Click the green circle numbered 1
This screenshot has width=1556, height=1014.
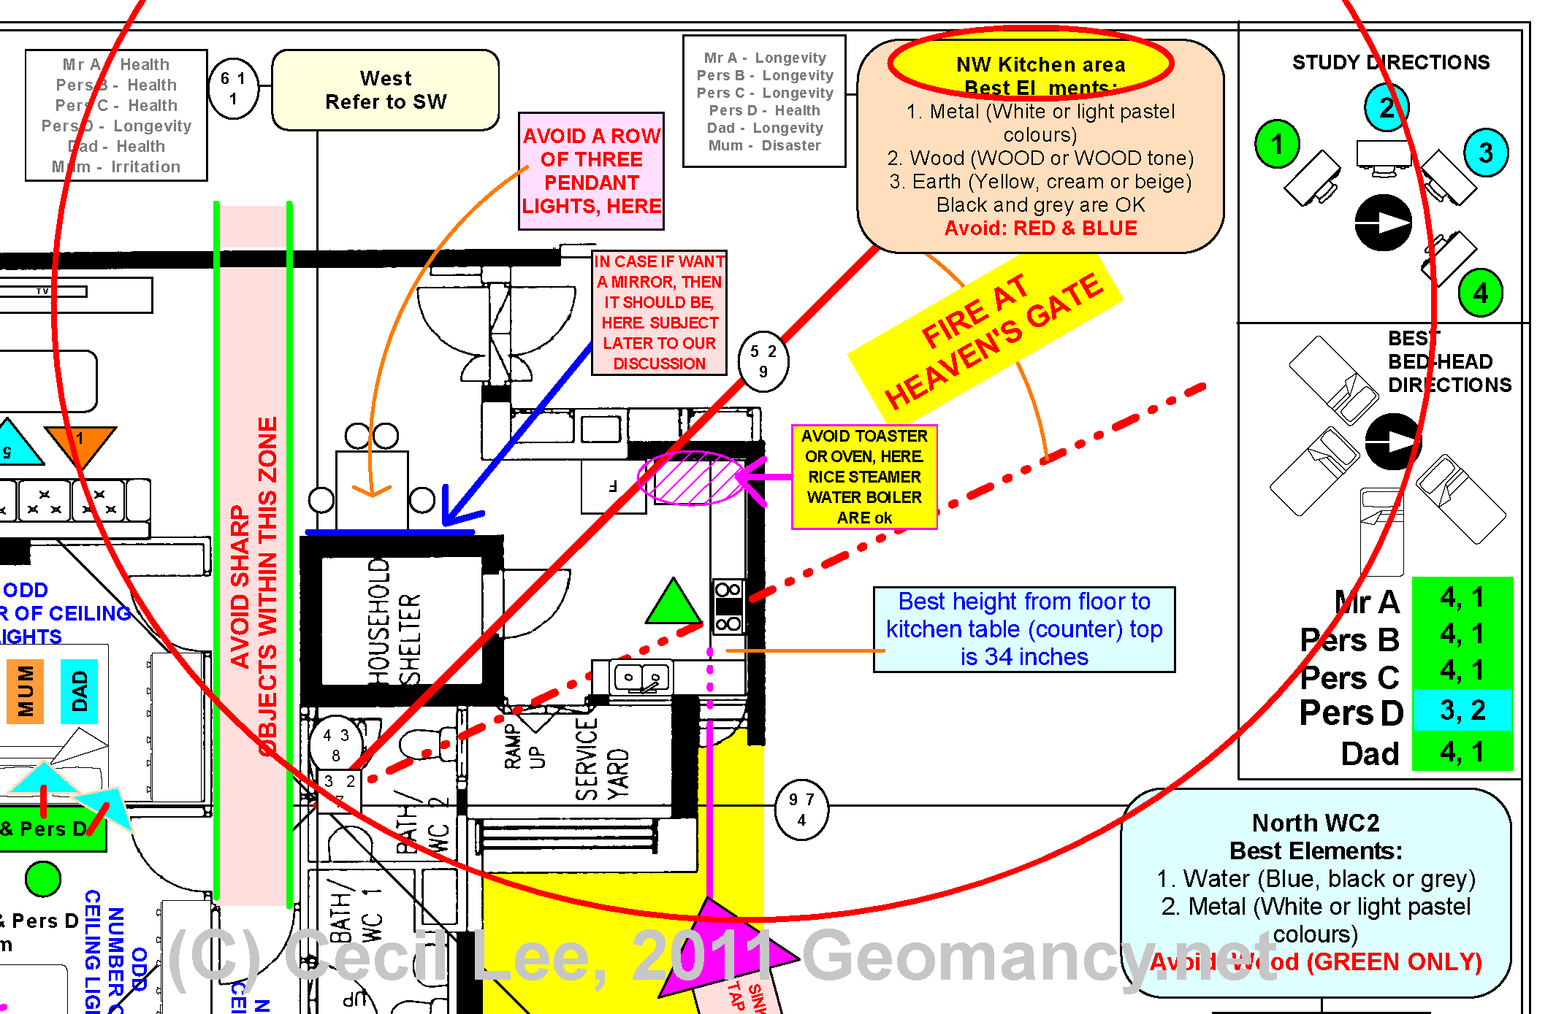1277,144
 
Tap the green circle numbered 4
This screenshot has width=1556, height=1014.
1480,293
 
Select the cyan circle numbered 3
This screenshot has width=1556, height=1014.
1486,153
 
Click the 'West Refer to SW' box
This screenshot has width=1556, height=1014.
386,90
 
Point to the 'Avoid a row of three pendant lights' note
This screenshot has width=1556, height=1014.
591,171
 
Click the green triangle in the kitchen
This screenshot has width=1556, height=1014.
673,603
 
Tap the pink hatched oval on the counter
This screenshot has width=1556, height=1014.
690,478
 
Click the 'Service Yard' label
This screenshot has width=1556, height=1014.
601,759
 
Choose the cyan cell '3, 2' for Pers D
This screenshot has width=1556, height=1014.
1462,710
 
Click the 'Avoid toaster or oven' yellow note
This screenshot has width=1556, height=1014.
864,477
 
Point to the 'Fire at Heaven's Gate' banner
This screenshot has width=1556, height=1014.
985,339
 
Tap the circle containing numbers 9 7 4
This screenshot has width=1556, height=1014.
801,810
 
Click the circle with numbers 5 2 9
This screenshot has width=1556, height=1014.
763,361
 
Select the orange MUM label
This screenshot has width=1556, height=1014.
26,691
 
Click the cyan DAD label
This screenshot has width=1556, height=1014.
79,691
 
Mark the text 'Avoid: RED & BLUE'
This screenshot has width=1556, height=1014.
1040,228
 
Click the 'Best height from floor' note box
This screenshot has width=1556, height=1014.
1023,629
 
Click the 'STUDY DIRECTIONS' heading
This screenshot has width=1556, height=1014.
1390,62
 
